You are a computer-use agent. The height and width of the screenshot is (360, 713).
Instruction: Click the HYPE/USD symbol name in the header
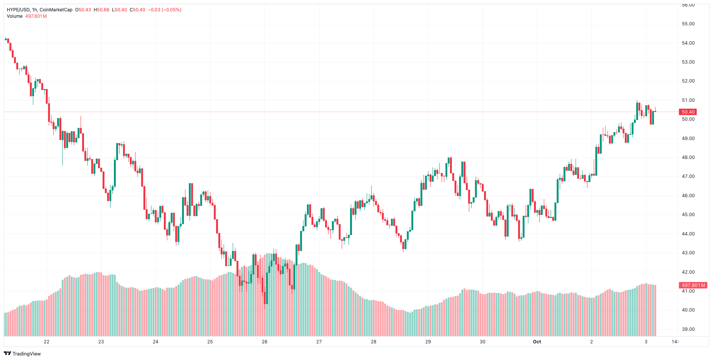18,10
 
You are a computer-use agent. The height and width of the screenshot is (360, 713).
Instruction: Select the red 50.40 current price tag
688,112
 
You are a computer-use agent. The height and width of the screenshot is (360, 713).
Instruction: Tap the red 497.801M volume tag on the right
693,285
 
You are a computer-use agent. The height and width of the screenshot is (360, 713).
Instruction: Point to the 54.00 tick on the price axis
688,43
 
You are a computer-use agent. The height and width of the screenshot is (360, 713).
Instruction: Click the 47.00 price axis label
688,176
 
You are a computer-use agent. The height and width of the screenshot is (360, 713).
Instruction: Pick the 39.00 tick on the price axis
688,329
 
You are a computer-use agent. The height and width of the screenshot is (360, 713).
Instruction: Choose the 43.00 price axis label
688,253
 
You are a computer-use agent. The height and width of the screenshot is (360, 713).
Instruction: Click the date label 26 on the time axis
265,342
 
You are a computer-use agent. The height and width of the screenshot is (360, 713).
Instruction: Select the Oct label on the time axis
537,342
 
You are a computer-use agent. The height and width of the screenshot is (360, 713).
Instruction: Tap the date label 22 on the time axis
47,342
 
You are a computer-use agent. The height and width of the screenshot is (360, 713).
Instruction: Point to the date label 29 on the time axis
428,342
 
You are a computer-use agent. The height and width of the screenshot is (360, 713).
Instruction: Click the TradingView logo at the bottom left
22,354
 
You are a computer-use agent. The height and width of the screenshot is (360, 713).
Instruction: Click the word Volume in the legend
15,16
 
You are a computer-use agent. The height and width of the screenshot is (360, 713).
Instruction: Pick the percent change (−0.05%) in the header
171,10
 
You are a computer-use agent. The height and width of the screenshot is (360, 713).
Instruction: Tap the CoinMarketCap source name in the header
56,10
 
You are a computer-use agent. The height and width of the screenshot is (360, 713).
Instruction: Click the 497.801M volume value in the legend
36,16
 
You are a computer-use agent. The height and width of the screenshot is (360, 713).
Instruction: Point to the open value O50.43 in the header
83,10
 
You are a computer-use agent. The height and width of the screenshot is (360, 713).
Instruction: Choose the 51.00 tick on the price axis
688,100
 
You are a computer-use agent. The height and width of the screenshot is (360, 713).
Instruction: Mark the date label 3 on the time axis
646,342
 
